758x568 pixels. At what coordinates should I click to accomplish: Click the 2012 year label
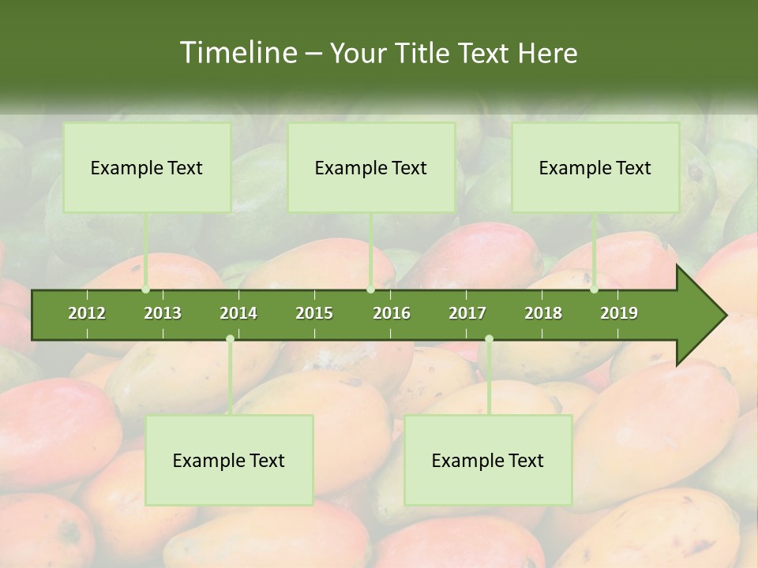click(87, 313)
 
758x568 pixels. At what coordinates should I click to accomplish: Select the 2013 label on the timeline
click(163, 313)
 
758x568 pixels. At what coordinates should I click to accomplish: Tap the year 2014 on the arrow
click(238, 313)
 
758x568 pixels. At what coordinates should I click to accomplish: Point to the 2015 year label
click(314, 313)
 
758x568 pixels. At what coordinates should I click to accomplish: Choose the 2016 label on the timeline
click(392, 313)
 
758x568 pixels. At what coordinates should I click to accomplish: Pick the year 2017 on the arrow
click(467, 313)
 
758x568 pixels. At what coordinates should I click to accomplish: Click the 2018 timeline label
click(543, 313)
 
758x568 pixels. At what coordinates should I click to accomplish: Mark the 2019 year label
click(619, 313)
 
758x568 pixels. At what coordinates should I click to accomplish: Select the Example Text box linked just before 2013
click(147, 167)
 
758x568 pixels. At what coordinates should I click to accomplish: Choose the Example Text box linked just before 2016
click(371, 167)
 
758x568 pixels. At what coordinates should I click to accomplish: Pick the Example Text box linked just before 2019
click(595, 167)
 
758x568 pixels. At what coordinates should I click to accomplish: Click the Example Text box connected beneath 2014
click(229, 460)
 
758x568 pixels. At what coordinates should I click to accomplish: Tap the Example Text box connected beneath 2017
click(488, 460)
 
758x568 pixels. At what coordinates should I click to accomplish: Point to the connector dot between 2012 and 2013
click(146, 290)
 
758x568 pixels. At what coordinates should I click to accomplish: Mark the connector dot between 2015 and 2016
click(371, 290)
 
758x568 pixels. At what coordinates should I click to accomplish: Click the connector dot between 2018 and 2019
click(595, 290)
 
